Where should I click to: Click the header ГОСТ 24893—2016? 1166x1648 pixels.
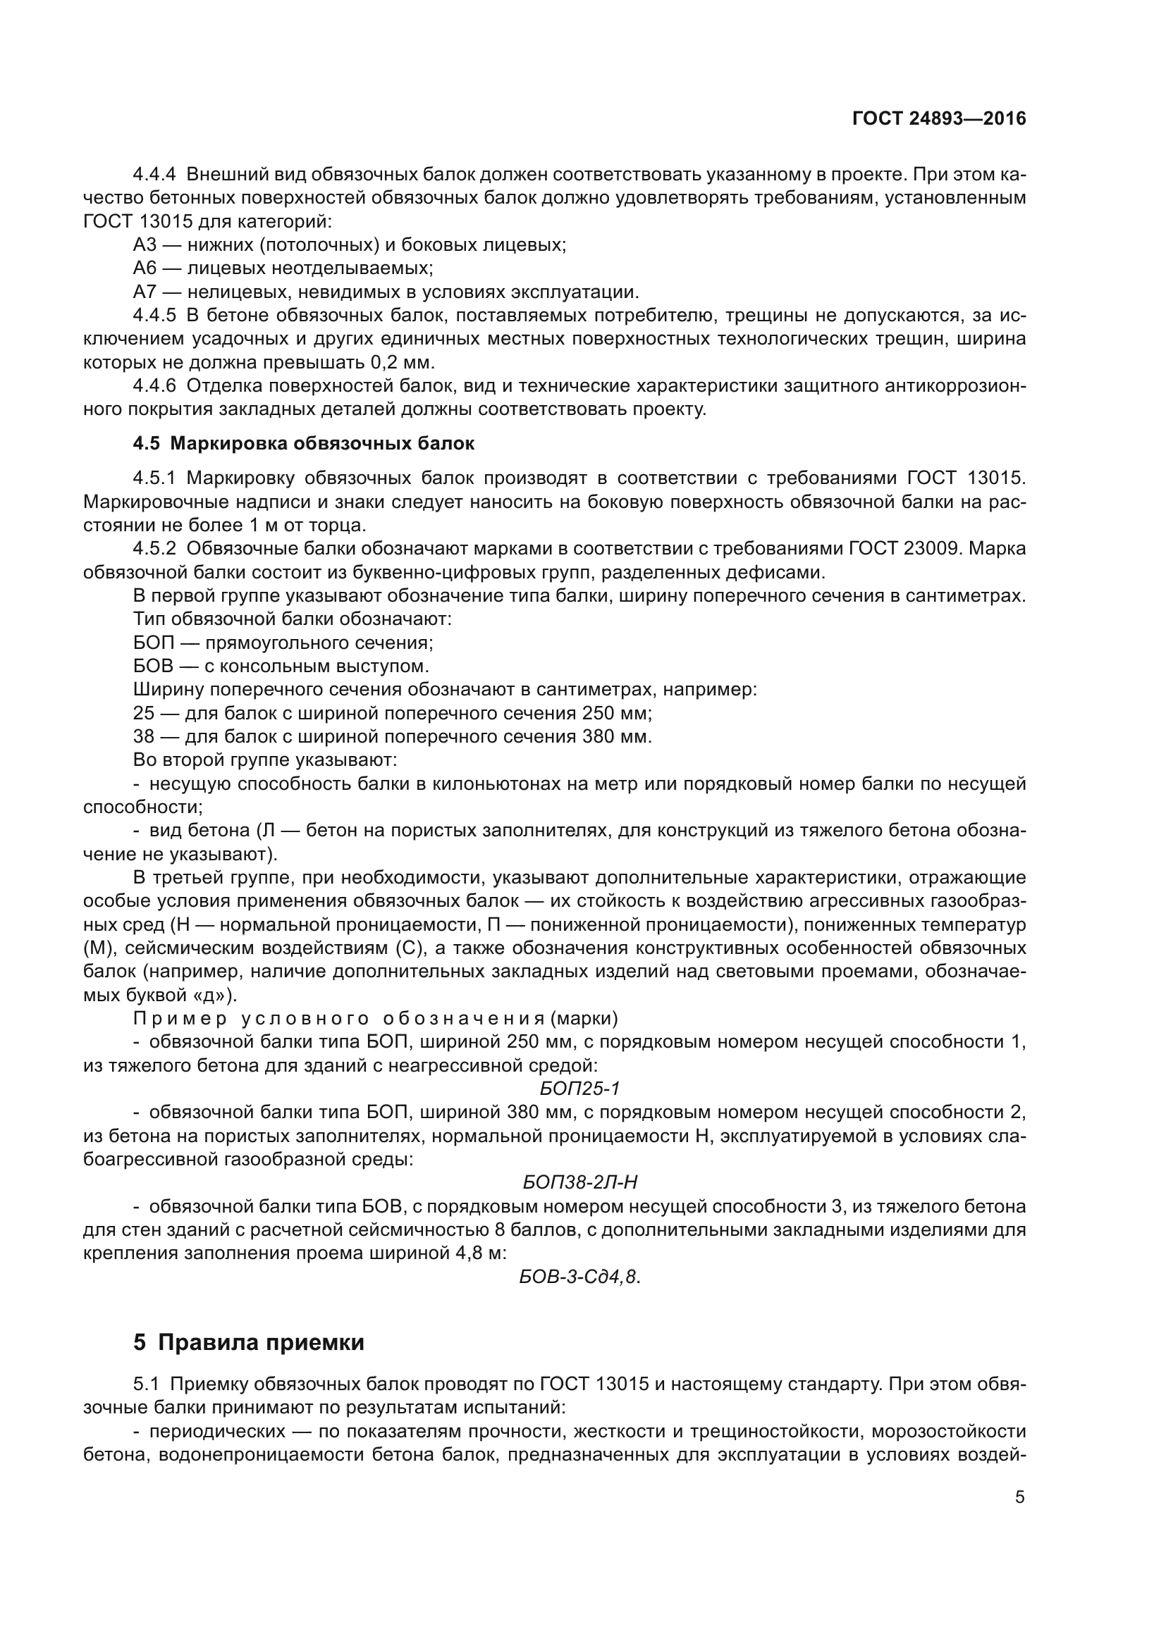tap(938, 118)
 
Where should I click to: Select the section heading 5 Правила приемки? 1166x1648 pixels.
tap(248, 1342)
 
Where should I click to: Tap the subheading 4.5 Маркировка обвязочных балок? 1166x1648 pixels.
tap(303, 444)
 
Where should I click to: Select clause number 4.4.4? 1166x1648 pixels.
tap(154, 175)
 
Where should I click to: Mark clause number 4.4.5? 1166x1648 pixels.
tap(154, 315)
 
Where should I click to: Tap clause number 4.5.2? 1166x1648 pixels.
tap(154, 548)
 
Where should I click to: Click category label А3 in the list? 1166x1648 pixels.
tap(145, 244)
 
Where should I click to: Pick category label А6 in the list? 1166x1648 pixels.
tap(145, 268)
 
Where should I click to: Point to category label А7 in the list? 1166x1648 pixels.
tap(145, 292)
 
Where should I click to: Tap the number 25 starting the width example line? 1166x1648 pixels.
tap(144, 714)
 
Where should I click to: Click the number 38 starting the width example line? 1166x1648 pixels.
tap(144, 737)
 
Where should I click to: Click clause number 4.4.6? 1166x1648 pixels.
tap(154, 386)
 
